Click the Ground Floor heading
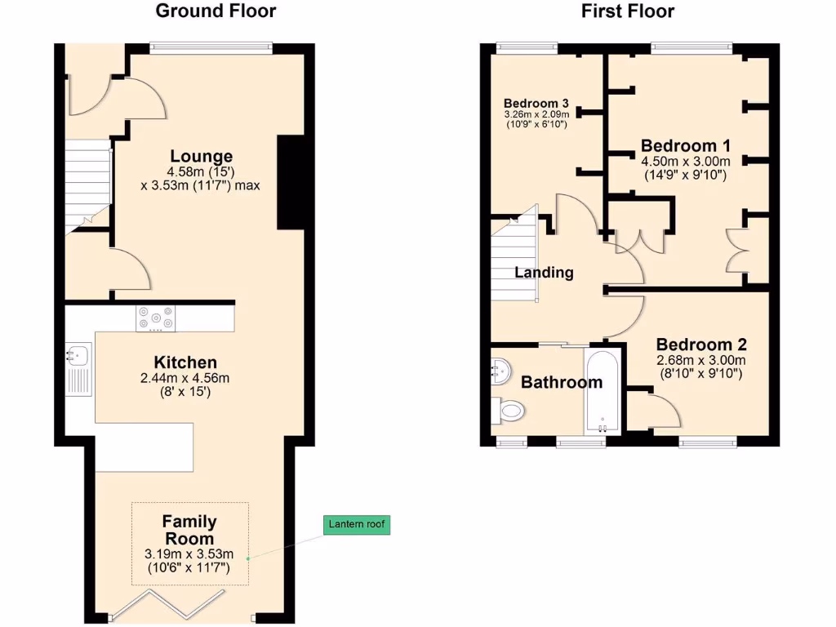216,11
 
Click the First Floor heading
628,11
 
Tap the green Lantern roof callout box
357,525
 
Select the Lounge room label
201,156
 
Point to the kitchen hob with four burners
155,318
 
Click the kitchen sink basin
79,355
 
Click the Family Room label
189,530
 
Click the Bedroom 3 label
536,104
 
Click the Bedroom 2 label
700,345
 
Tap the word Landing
544,273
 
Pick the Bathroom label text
562,382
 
